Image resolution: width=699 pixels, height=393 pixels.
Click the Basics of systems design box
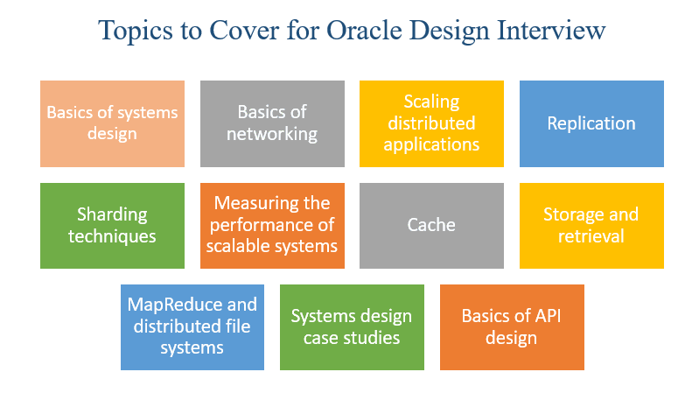[112, 123]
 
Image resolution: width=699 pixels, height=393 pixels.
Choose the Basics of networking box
[272, 123]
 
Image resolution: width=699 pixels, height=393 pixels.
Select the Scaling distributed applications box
[431, 123]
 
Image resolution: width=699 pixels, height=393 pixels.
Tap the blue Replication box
[591, 123]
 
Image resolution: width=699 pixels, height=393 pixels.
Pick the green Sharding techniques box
[112, 225]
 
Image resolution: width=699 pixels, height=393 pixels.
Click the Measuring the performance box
[272, 225]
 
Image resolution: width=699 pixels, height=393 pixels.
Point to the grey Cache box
[431, 225]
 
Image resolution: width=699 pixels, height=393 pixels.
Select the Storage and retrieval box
[591, 225]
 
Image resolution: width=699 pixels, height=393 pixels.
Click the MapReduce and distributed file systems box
[192, 326]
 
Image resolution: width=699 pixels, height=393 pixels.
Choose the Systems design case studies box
[352, 326]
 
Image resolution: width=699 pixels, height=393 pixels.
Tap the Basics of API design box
[512, 326]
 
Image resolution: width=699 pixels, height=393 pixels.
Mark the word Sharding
[112, 214]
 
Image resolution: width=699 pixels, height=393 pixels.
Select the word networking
[272, 134]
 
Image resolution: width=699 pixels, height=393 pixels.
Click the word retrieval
[591, 235]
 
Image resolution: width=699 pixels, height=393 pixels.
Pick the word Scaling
[432, 102]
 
